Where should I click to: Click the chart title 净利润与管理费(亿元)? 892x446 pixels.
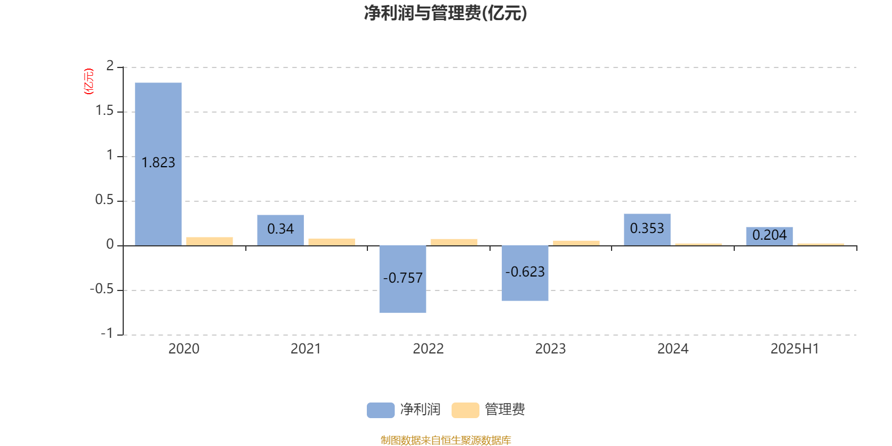pos(445,13)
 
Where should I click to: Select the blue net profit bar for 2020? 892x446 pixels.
pos(158,164)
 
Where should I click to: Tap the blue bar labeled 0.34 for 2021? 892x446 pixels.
pos(280,230)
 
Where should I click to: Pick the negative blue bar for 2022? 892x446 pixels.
pos(403,279)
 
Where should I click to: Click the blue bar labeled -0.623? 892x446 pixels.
pos(525,273)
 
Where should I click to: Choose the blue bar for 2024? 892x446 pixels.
pos(647,230)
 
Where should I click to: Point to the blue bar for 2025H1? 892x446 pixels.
pos(769,236)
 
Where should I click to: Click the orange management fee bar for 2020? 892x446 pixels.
pos(210,241)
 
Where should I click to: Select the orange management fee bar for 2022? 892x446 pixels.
pos(454,242)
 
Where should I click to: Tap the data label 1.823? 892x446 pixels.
pos(158,162)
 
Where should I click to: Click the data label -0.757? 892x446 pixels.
pos(403,278)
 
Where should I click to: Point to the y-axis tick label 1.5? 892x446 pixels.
pos(105,111)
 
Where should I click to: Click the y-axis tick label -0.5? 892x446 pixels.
pos(102,289)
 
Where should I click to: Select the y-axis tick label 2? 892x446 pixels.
pos(110,66)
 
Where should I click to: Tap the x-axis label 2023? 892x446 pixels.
pos(550,349)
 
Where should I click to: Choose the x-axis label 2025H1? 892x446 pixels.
pos(795,349)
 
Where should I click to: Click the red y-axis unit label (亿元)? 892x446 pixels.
pos(89,81)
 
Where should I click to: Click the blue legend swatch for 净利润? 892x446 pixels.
pos(381,410)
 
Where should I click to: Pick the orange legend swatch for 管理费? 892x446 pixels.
pos(465,410)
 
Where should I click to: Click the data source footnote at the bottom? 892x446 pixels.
pos(445,440)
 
